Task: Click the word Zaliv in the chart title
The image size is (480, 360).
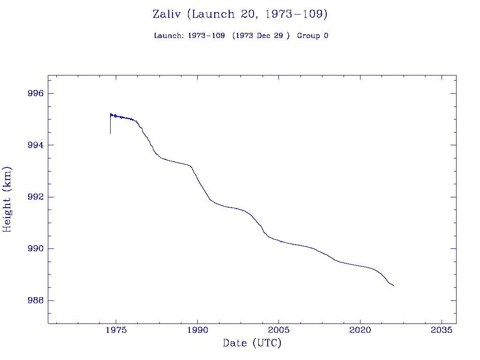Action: coord(167,15)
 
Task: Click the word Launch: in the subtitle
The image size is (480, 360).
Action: coord(169,36)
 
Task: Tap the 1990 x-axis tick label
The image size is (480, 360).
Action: coord(197,331)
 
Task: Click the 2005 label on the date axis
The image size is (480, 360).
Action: coord(279,331)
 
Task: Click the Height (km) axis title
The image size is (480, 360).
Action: coord(7,199)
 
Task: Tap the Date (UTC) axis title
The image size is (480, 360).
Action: coord(252,344)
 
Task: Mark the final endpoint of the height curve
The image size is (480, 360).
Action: coord(394,285)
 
